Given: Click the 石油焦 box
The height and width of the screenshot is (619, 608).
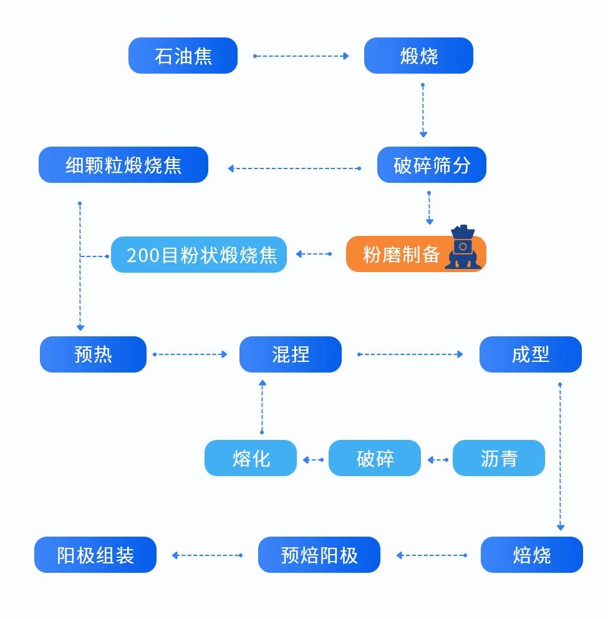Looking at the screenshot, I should tap(183, 56).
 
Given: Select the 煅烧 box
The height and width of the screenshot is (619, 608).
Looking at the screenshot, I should tap(418, 56).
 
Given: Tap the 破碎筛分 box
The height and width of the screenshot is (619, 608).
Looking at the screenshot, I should tap(432, 165).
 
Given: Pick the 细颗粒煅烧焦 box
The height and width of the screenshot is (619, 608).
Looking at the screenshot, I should tap(123, 165).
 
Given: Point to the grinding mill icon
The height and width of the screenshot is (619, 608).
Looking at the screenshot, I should tap(463, 248).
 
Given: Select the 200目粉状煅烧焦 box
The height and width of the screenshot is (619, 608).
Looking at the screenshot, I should tap(199, 255).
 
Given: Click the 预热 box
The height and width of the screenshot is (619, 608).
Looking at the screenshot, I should tap(93, 354).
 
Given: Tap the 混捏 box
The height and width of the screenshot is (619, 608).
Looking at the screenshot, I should tap(291, 354).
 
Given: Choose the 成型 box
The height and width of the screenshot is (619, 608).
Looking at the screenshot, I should tap(530, 354).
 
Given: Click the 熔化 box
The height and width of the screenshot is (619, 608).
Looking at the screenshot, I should tap(251, 458).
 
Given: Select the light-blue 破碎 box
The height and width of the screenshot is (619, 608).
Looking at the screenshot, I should tap(375, 458).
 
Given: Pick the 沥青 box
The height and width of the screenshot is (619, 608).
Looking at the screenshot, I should tap(498, 458).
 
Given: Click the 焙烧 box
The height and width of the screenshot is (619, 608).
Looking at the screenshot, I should tap(531, 555).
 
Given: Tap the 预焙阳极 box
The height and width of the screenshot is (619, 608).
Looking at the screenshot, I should tap(319, 555).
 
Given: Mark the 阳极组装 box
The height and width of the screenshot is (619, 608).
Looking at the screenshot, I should tap(95, 555).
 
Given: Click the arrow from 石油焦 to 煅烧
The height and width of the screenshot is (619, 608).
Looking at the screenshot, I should tap(301, 56).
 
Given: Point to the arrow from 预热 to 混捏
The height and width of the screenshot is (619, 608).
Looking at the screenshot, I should tap(190, 354).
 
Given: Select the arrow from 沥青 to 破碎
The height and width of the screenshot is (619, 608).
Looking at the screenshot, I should tap(437, 460).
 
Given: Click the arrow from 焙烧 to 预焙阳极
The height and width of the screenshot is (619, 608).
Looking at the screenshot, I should tap(431, 555).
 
